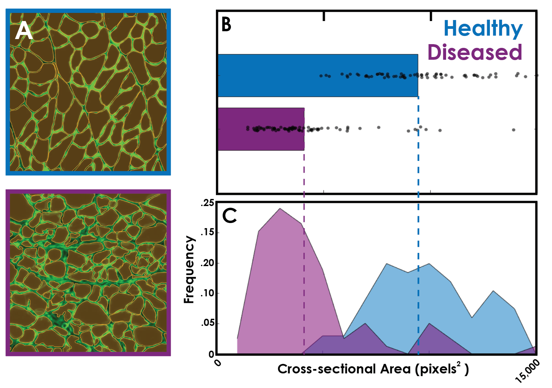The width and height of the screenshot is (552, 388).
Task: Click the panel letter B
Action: coord(226,25)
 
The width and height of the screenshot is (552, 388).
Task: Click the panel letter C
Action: coord(229,216)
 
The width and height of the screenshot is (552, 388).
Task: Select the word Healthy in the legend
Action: coord(483,29)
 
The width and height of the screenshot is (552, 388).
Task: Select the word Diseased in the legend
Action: coord(474,52)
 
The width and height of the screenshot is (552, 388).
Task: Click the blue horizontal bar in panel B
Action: coord(317,75)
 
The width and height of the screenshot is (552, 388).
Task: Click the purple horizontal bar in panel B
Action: coord(261,129)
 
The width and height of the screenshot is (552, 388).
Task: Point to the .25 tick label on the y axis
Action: coord(207,203)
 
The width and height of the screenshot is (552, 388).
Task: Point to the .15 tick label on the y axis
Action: coord(207,233)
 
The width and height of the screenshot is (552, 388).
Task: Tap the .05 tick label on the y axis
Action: coord(207,323)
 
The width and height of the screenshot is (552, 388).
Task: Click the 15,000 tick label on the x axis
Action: coord(527,371)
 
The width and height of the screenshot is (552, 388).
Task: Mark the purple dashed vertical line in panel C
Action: coord(304,289)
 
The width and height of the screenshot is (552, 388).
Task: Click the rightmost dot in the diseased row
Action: coord(514,130)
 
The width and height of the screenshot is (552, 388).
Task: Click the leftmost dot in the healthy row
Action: coord(321,76)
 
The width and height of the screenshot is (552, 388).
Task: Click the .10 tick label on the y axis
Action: coord(207,293)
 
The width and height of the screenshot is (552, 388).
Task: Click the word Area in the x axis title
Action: coord(395,369)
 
